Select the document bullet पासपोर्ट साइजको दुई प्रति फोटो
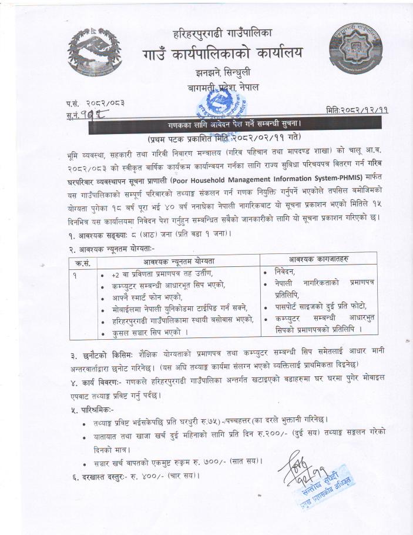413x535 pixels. click(x=320, y=306)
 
